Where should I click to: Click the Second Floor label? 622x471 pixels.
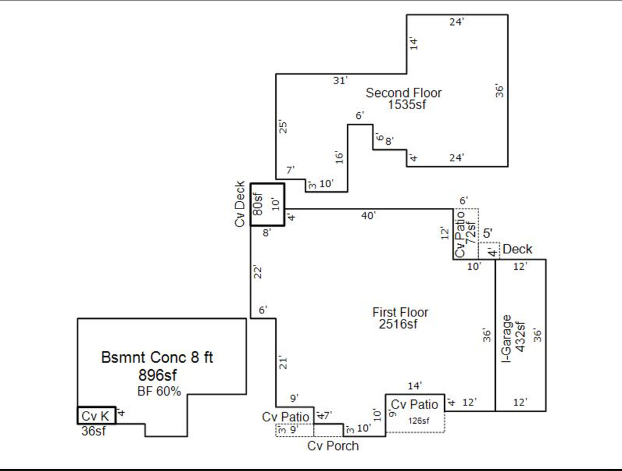(404, 93)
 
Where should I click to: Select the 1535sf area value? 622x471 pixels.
(406, 105)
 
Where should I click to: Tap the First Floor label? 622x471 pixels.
(400, 313)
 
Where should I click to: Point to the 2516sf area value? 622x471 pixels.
(398, 324)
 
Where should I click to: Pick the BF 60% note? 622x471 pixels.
(159, 391)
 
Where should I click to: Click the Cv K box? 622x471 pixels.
(96, 416)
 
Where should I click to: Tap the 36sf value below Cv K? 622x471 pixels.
(93, 431)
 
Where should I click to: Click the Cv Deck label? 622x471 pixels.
(240, 204)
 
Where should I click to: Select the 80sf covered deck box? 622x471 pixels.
(259, 204)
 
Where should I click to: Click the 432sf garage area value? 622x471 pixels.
(521, 337)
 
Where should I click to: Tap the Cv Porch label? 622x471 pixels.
(333, 446)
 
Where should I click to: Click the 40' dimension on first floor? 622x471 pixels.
(368, 215)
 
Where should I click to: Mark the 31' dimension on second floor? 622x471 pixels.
(340, 80)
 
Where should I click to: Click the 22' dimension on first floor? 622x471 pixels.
(259, 272)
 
